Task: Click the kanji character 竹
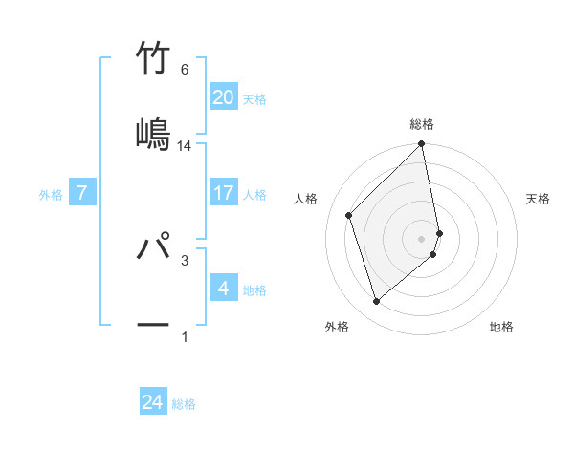click(154, 58)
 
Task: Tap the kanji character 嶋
click(154, 133)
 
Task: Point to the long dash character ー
click(154, 324)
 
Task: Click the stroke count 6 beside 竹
click(185, 70)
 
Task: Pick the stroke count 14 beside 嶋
click(185, 146)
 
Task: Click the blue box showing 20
click(223, 97)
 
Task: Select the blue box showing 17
click(223, 193)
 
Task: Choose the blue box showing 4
click(223, 289)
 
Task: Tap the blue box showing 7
click(82, 193)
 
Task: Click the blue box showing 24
click(153, 403)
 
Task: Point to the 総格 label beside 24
click(184, 404)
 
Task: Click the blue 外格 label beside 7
click(51, 194)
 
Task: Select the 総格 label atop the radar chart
click(422, 124)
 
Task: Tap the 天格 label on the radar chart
click(538, 199)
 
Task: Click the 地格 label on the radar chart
click(501, 327)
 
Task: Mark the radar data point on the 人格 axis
click(349, 215)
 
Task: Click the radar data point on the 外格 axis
click(377, 302)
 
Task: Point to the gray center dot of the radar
click(422, 239)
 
